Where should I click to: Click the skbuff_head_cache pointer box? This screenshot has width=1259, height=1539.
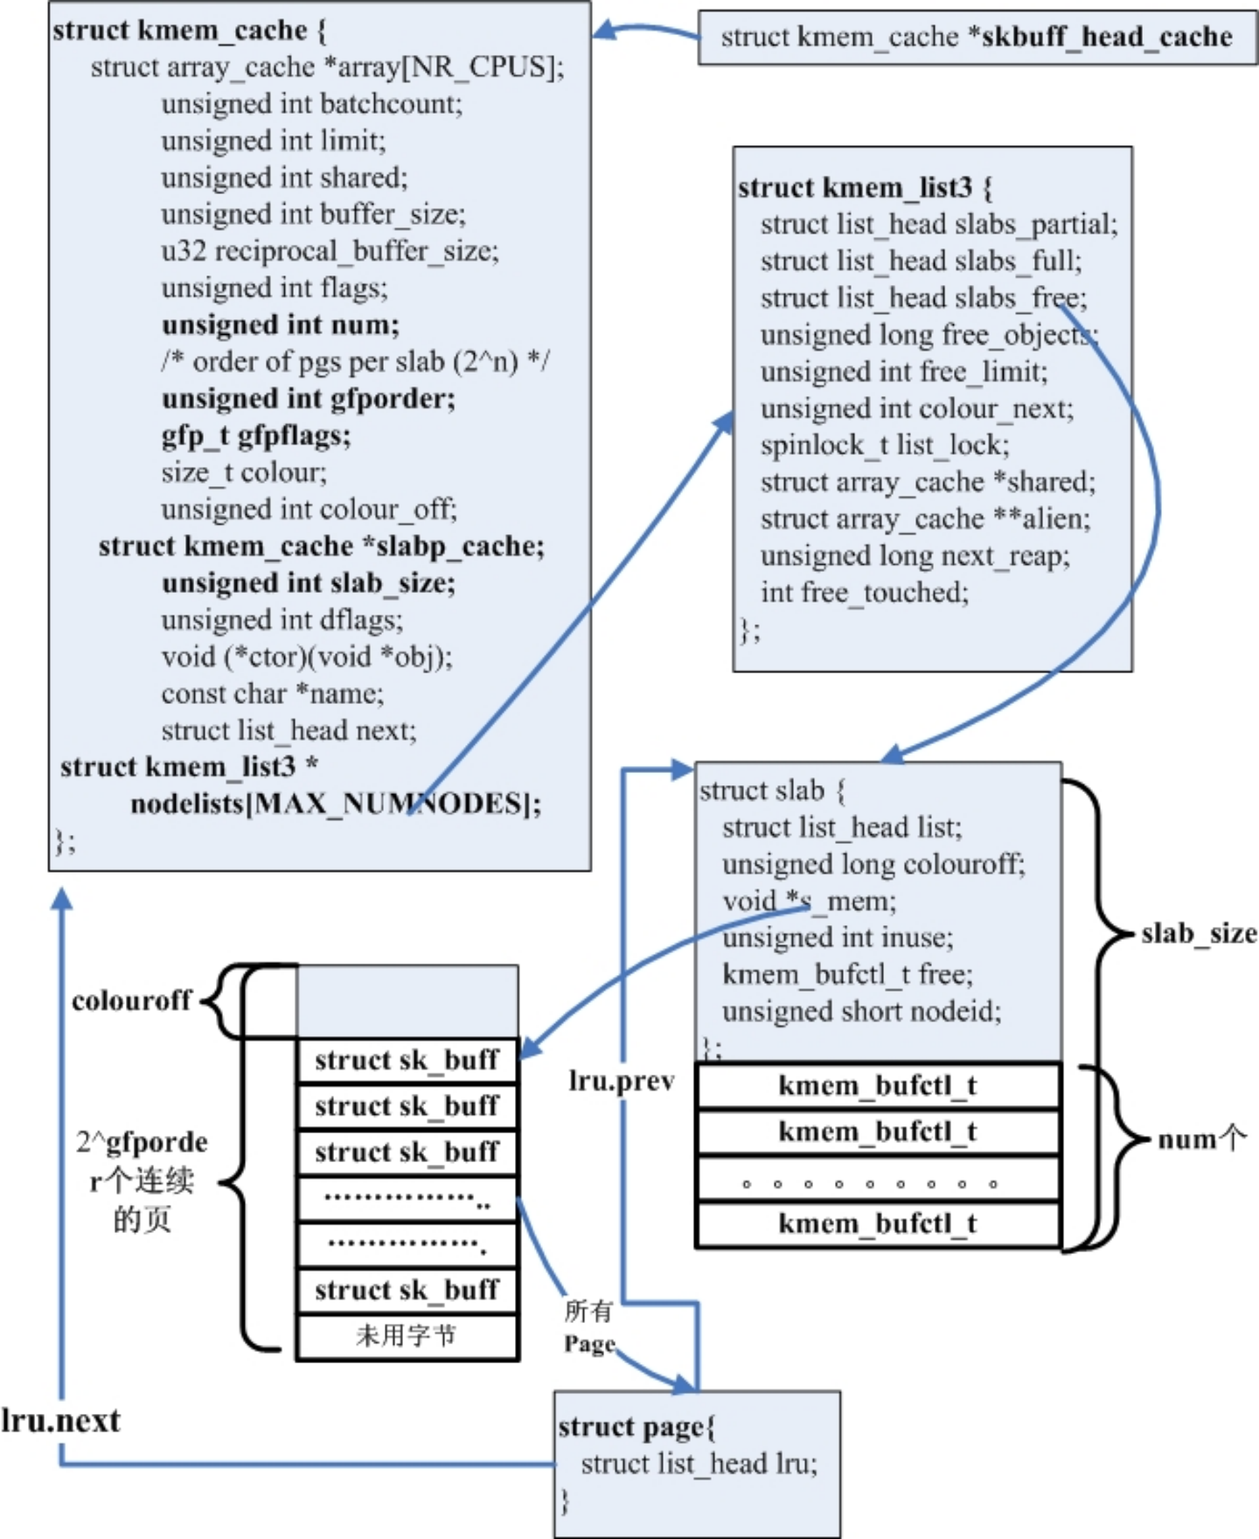point(977,38)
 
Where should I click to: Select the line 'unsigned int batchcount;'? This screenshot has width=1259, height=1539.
point(311,104)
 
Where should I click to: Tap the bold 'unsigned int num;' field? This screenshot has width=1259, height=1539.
point(280,324)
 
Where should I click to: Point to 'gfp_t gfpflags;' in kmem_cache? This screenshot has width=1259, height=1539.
point(255,435)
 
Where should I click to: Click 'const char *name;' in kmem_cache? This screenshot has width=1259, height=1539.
point(272,693)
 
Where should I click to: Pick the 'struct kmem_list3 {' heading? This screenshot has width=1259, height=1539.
point(865,187)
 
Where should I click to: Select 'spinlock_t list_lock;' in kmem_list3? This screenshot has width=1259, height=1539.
point(885,445)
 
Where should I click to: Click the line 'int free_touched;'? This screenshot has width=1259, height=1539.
point(865,592)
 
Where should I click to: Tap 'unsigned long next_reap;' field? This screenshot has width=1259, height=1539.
point(915,555)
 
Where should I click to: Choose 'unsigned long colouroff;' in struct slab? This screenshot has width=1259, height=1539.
point(873,864)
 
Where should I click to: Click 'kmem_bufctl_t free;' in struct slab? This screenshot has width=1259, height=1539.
point(846,974)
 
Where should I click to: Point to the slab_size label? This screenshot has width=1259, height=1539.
point(1199,934)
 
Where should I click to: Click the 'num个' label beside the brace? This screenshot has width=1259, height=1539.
point(1201,1139)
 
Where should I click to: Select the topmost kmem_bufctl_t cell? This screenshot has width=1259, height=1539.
point(878,1085)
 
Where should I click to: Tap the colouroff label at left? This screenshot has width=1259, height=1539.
point(131,1000)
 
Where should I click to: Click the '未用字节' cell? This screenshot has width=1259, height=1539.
point(407,1337)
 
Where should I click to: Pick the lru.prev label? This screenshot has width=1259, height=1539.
point(622,1082)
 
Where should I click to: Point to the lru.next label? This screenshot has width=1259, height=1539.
point(60,1421)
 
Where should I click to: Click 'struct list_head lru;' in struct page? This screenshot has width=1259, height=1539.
point(699,1463)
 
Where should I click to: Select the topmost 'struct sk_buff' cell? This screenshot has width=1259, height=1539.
point(407,1061)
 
